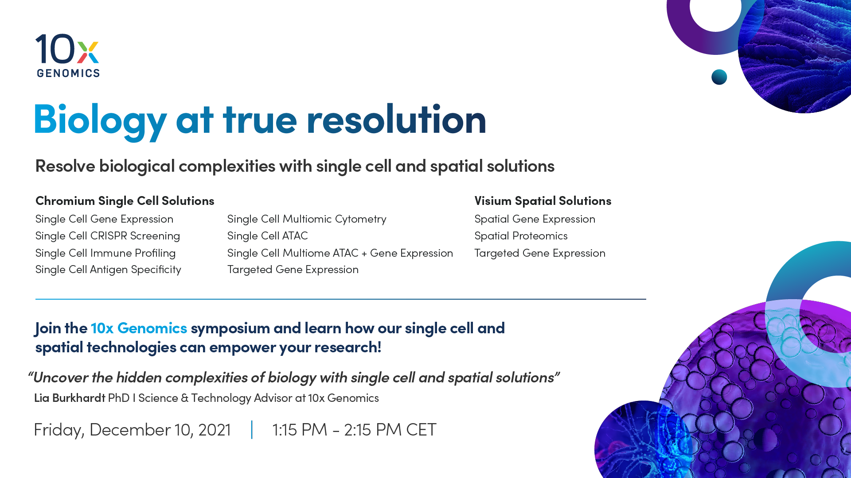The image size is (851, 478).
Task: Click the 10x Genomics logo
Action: [x=68, y=56]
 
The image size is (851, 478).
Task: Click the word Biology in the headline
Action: [x=101, y=120]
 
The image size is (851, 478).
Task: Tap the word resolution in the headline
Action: [x=396, y=119]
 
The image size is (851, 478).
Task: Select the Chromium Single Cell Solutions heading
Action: [x=125, y=201]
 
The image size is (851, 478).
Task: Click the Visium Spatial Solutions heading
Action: [x=543, y=201]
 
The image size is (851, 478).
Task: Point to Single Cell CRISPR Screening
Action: [x=108, y=236]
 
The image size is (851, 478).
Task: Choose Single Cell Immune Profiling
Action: [x=105, y=253]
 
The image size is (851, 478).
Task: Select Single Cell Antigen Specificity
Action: [x=108, y=270]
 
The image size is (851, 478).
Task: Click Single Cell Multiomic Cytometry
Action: [x=307, y=219]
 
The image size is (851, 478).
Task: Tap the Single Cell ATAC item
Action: [x=267, y=236]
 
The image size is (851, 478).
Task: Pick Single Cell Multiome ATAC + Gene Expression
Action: [x=340, y=253]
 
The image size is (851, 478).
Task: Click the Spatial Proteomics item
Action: [x=521, y=236]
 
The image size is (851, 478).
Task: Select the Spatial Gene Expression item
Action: [x=535, y=219]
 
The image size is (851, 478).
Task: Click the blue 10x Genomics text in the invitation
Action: [x=139, y=328]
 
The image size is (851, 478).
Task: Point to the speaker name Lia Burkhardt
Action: [x=70, y=398]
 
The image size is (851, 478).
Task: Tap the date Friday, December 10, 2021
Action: [x=132, y=430]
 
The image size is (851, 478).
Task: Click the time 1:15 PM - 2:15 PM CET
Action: [x=354, y=430]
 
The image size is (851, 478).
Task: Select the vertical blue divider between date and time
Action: [x=252, y=429]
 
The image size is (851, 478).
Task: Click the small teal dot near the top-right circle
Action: [x=719, y=77]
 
